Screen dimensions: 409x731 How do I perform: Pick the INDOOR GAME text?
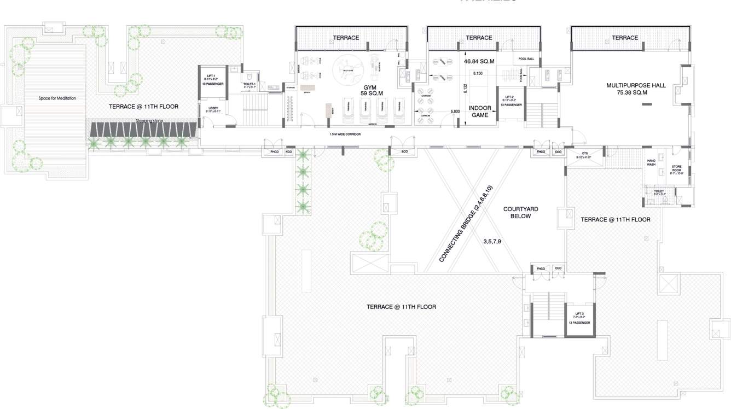click(480, 112)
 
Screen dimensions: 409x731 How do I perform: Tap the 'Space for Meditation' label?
click(57, 98)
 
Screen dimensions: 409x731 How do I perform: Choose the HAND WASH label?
click(651, 162)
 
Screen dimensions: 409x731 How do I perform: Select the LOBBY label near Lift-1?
click(213, 109)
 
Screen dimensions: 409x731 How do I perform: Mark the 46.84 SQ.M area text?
click(479, 62)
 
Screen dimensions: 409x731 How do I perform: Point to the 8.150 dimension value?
click(477, 72)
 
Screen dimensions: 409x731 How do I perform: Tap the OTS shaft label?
click(584, 155)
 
